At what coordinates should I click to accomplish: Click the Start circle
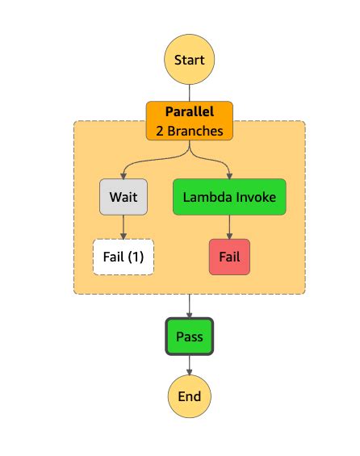click(x=189, y=60)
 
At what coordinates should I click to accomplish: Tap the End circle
click(x=189, y=396)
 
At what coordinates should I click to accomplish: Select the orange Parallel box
click(x=189, y=119)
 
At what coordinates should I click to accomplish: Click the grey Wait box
click(x=123, y=197)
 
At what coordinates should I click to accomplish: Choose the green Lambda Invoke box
click(x=229, y=197)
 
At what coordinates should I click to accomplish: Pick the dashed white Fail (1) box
click(x=123, y=257)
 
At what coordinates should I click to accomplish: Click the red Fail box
click(x=229, y=257)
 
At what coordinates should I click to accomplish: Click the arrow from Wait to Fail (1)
click(x=123, y=227)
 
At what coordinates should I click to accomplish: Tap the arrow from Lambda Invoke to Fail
click(x=229, y=227)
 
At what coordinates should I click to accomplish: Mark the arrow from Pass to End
click(x=189, y=365)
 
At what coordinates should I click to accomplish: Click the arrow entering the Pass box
click(x=189, y=307)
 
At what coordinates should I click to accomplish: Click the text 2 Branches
click(x=189, y=129)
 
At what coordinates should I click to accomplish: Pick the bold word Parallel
click(x=189, y=111)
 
